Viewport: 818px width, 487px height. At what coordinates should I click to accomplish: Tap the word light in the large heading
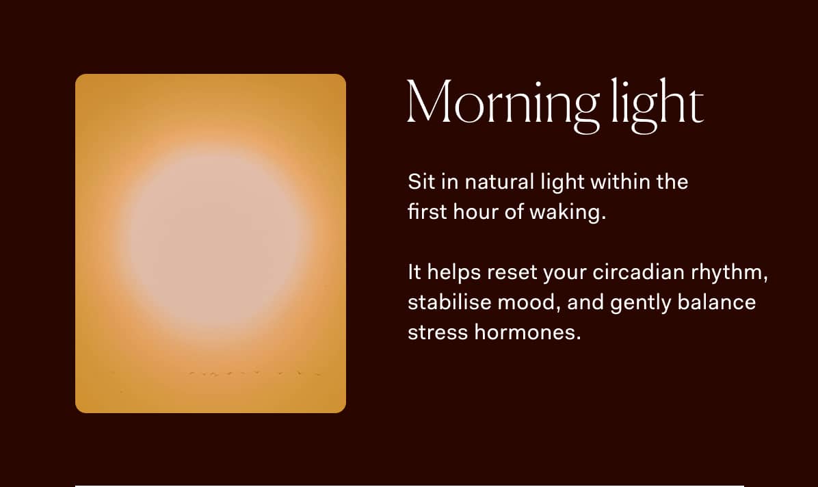click(656, 104)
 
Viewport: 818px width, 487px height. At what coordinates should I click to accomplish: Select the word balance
click(717, 302)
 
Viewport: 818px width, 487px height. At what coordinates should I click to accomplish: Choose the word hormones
click(525, 332)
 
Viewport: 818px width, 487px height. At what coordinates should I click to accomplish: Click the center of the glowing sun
click(212, 237)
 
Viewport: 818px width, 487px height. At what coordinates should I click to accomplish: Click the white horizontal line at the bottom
click(409, 485)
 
